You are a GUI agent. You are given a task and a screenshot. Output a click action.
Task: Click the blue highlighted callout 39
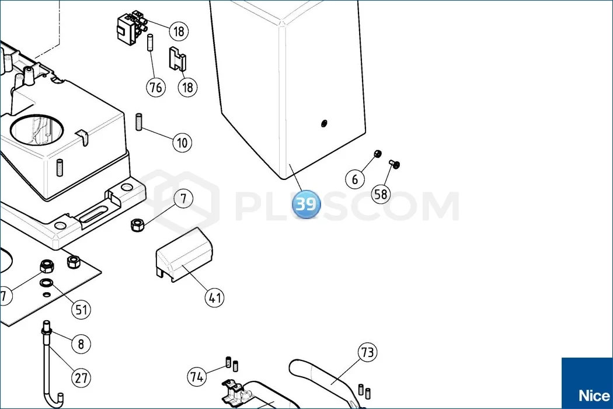coord(306,204)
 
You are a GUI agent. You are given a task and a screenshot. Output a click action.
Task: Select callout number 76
coord(156,87)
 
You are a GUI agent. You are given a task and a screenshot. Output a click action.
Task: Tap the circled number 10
coord(182,143)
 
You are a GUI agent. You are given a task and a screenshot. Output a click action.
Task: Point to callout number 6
coord(355,179)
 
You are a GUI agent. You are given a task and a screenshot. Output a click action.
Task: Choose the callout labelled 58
coord(381,194)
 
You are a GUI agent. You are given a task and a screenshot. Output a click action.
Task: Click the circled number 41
coord(215,298)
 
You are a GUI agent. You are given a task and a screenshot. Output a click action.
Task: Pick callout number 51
coord(81,310)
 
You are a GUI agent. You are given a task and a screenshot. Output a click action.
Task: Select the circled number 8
coord(81,344)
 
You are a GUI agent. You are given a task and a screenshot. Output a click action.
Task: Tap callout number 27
coord(81,378)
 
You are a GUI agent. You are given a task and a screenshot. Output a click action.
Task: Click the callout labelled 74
coord(197,376)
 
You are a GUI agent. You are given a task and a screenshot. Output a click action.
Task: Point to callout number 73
coord(367,352)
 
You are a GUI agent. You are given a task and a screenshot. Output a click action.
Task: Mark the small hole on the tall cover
coord(323,124)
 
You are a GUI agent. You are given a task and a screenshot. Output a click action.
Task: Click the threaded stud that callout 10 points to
coord(139,122)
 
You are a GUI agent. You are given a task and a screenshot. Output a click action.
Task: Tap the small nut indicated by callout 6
coord(377,154)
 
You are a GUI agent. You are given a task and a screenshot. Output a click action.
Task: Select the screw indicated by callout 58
coord(395,164)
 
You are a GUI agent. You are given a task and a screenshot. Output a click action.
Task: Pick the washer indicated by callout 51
coord(46,282)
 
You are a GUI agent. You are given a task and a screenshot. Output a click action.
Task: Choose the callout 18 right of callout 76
coord(187,87)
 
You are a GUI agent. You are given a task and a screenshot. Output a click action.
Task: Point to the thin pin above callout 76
coord(149,43)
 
